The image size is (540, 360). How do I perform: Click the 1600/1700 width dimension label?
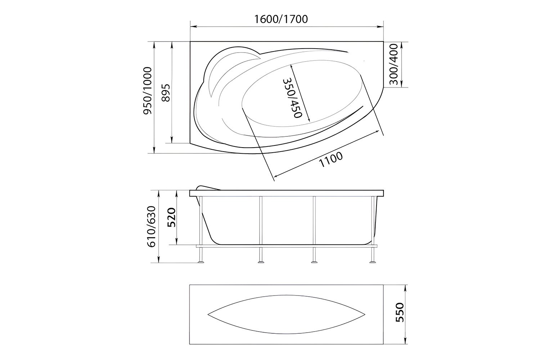tap(281, 19)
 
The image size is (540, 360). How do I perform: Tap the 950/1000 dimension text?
tap(148, 91)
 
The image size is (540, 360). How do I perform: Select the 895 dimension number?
tap(166, 93)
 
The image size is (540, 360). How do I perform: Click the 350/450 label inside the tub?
tap(292, 98)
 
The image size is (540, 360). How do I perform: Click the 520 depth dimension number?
tap(172, 217)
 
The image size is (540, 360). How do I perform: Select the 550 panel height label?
tap(400, 312)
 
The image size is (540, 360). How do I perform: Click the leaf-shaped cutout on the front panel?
tap(287, 314)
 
